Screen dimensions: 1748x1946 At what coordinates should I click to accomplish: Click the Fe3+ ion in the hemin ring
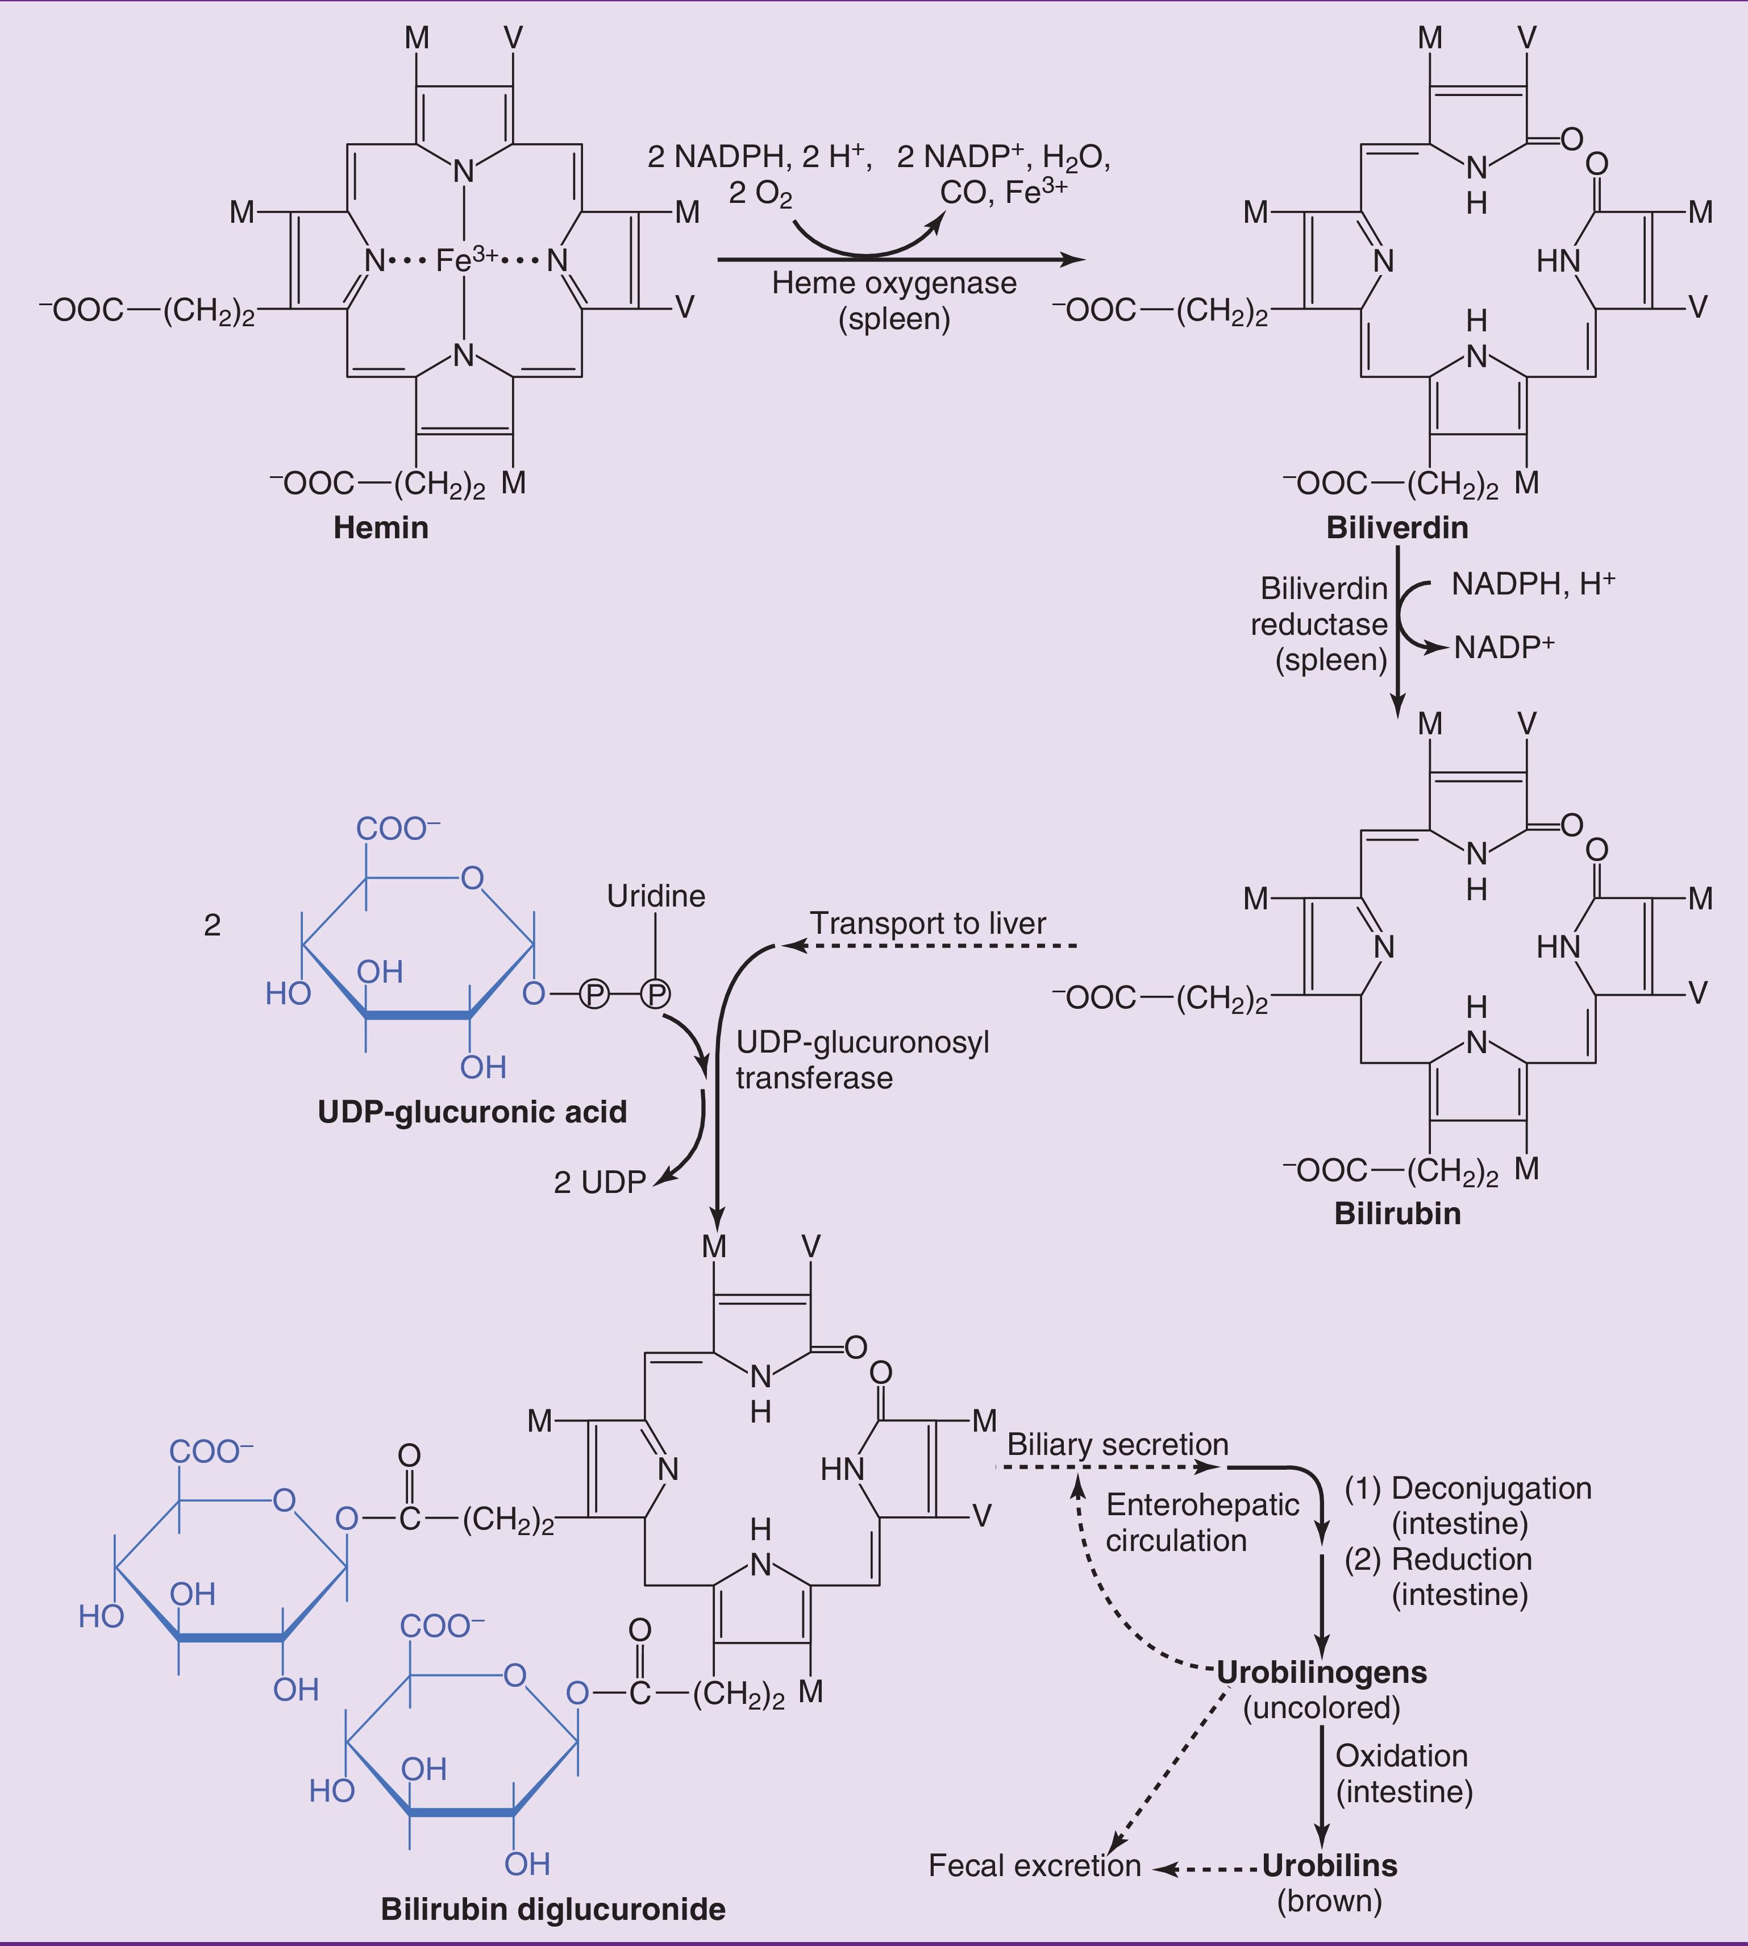(467, 259)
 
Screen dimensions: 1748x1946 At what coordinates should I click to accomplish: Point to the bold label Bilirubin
(1397, 1213)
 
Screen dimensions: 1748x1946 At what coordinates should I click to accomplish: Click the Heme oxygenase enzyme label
(894, 284)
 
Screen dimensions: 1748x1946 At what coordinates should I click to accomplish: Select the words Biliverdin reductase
(1320, 606)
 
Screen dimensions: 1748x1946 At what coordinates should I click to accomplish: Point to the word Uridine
(656, 896)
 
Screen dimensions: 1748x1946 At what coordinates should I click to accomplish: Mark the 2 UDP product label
(600, 1182)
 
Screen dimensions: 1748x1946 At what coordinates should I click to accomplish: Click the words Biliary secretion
(1118, 1445)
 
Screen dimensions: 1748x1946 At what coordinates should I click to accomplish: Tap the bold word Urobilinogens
(1322, 1672)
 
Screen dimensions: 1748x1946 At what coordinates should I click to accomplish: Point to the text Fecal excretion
(1034, 1865)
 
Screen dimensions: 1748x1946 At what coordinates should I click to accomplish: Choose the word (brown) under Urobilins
(1329, 1901)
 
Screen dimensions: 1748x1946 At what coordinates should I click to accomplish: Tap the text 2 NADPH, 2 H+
(759, 156)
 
